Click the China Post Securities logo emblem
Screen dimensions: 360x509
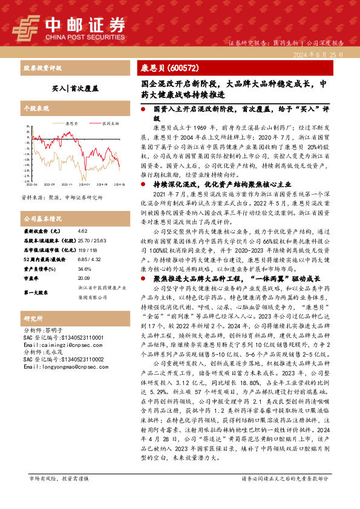coord(26,27)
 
